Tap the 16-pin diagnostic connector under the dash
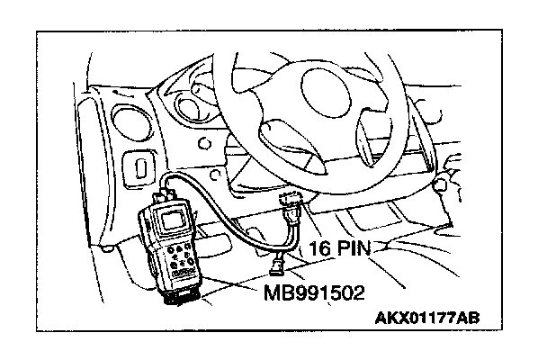click(x=291, y=210)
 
